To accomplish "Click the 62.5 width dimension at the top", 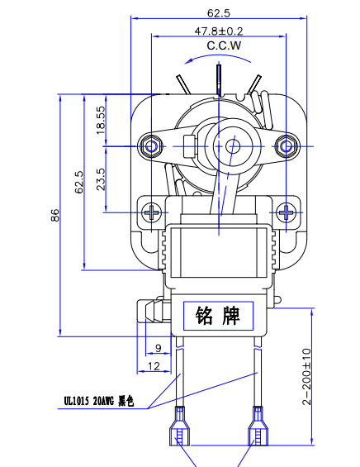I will [x=218, y=12].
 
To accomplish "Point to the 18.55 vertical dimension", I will [x=101, y=121].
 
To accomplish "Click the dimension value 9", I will [x=158, y=347].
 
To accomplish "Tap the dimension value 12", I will [x=154, y=365].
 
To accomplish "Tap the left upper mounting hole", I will [x=150, y=145].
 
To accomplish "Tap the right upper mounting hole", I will [x=287, y=145].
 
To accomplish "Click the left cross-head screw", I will [x=153, y=211].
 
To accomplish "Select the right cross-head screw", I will [x=286, y=211].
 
